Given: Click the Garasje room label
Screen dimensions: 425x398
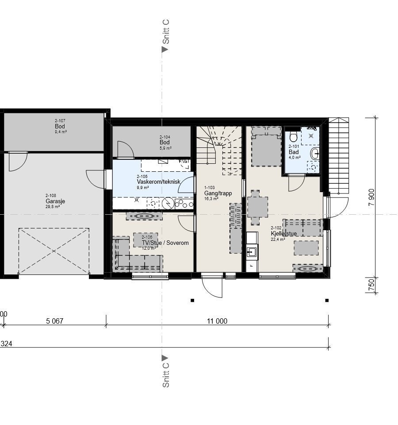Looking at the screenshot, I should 55,201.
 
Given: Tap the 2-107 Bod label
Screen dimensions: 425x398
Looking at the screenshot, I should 60,126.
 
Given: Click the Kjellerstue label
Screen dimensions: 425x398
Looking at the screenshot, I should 283,234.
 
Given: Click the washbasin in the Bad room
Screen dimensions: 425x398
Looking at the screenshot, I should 314,154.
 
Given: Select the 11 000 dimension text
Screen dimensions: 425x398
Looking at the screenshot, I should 217,321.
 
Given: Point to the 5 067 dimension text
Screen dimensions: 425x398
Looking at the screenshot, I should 54,321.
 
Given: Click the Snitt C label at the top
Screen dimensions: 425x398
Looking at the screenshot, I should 166,32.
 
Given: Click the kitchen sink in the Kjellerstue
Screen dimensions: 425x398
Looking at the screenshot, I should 252,252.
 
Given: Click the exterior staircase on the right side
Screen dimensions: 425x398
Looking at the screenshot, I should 338,157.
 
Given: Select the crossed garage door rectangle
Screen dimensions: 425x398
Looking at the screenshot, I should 54,251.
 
